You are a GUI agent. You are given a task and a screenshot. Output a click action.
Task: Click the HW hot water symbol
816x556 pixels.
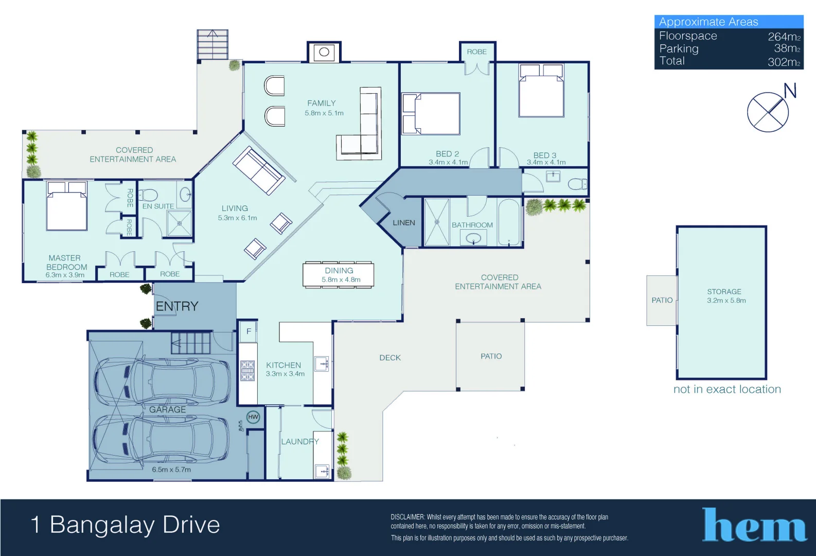[x=253, y=417]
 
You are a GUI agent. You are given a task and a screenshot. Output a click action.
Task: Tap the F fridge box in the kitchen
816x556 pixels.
[x=249, y=331]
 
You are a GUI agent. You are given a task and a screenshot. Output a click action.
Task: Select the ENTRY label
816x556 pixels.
[x=177, y=306]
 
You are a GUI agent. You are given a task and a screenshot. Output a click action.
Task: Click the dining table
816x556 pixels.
[x=339, y=275]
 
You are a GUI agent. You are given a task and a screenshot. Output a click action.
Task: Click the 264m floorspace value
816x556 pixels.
[x=784, y=37]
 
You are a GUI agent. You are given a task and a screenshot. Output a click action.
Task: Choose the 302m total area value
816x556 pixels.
[x=784, y=62]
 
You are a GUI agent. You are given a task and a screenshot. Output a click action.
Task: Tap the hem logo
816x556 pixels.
[x=754, y=525]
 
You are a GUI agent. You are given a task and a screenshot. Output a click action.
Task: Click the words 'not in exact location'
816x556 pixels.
[x=727, y=389]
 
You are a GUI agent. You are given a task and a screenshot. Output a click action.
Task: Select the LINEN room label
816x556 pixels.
[x=404, y=223]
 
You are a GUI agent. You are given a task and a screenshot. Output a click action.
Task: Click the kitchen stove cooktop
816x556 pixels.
[x=247, y=371]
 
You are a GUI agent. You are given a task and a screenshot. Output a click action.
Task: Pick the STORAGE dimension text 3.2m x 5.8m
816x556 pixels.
[x=726, y=301]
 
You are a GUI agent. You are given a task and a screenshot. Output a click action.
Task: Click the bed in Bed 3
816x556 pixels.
[x=541, y=91]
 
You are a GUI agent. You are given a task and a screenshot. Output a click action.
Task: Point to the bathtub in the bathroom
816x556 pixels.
[x=509, y=222]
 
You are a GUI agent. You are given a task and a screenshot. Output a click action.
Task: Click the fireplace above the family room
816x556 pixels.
[x=324, y=52]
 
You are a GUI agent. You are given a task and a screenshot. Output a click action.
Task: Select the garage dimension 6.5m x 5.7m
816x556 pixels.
[x=171, y=470]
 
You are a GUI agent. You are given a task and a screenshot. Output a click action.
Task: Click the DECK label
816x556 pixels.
[x=390, y=358]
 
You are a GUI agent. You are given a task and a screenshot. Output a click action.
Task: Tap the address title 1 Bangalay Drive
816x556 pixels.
[x=126, y=525]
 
